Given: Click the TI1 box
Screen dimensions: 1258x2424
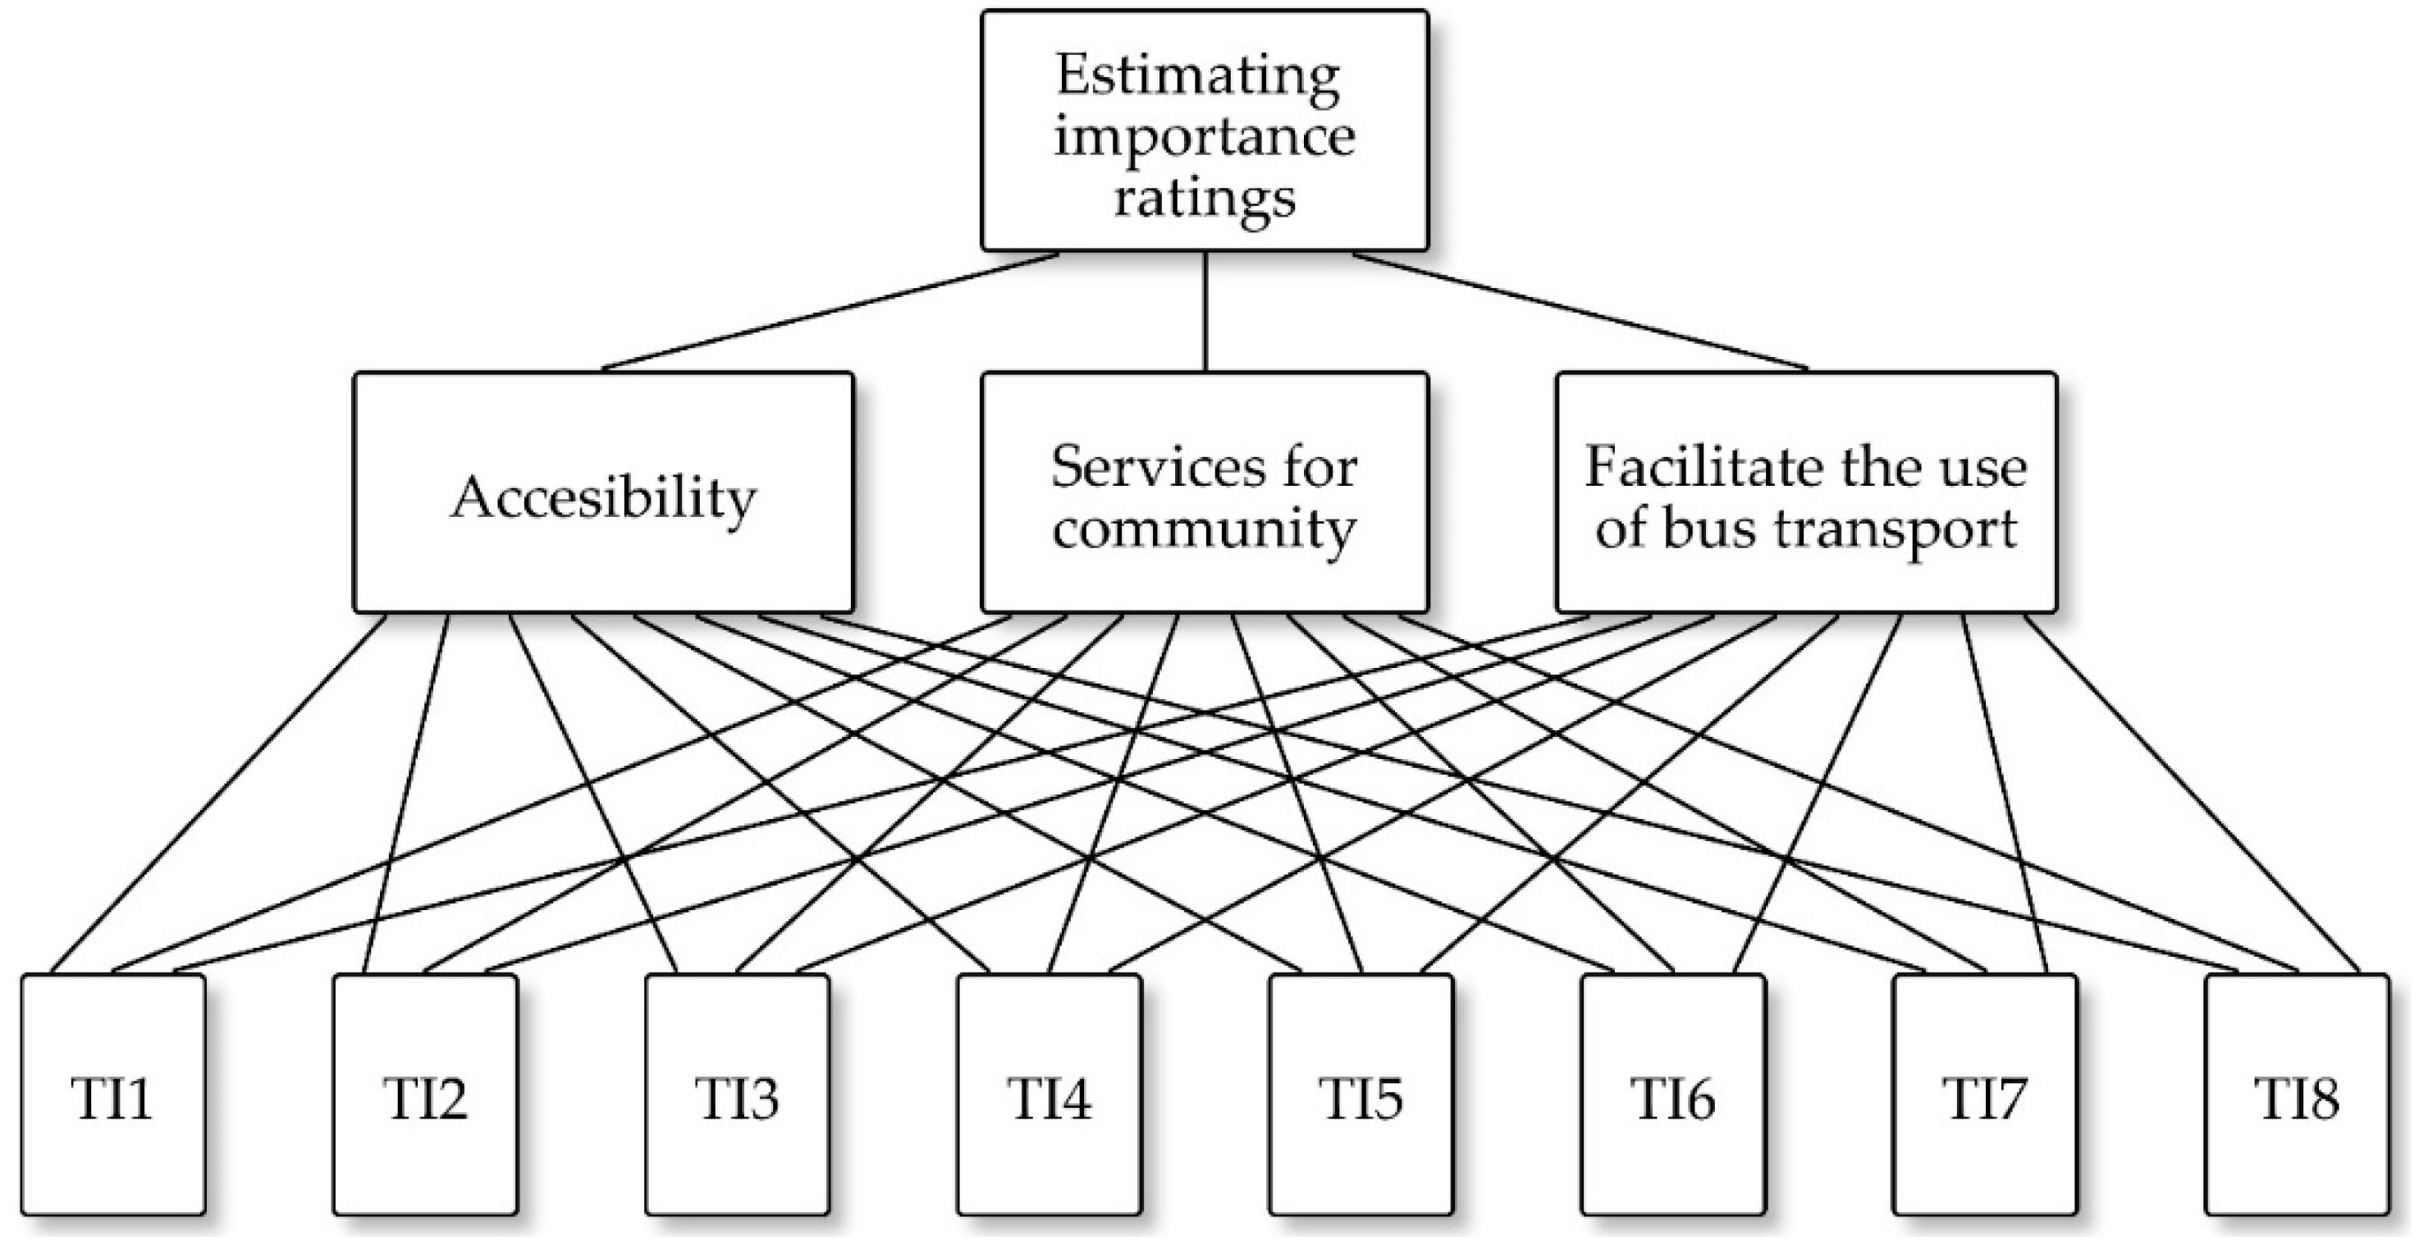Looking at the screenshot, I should [113, 1096].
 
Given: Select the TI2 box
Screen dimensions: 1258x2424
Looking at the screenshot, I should [425, 1096].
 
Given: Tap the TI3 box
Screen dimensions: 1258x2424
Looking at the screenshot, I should [738, 1096].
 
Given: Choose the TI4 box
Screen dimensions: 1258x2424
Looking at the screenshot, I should [1050, 1096].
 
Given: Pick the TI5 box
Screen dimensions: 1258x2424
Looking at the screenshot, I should [1361, 1096].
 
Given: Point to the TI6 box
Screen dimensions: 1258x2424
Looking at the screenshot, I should [1673, 1096].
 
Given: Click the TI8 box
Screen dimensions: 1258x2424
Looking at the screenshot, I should [2297, 1096].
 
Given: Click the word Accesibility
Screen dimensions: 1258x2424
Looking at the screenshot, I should [603, 496].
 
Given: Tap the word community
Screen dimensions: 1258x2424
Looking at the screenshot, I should [1205, 528].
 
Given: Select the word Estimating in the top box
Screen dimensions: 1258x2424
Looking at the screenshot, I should [1198, 75].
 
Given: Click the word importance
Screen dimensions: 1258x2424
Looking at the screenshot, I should [1205, 137].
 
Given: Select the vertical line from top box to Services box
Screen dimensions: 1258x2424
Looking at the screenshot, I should [1205, 310].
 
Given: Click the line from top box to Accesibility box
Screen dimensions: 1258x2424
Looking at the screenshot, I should [830, 310].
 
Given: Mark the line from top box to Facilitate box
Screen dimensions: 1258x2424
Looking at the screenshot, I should [1581, 310].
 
